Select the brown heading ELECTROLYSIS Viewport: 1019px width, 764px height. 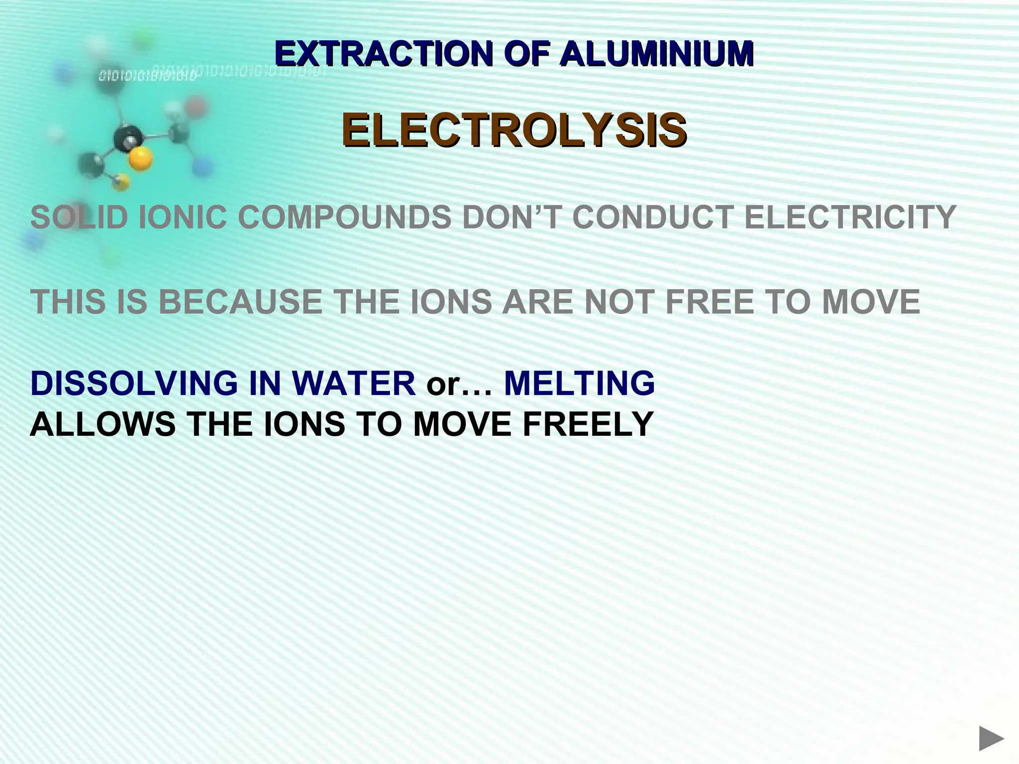pos(514,130)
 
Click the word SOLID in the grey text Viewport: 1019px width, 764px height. pos(79,217)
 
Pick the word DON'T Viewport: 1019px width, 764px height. pos(512,217)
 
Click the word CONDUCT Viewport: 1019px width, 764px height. pos(652,217)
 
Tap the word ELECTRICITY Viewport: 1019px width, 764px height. pos(850,217)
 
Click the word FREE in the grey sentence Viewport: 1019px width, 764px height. pos(709,302)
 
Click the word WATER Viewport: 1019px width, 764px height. pos(353,383)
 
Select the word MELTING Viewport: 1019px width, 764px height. pos(579,383)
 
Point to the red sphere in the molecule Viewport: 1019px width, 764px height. pos(196,106)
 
